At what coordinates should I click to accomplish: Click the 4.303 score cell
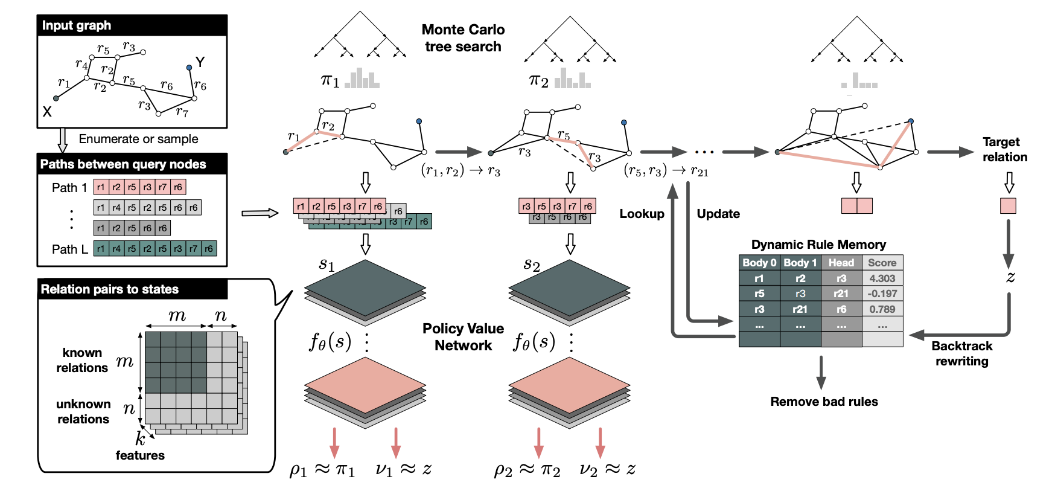pyautogui.click(x=882, y=278)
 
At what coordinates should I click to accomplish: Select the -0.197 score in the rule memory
pyautogui.click(x=882, y=294)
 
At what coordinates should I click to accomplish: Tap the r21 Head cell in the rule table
pyautogui.click(x=841, y=294)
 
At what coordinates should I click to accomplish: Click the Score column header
pyautogui.click(x=882, y=263)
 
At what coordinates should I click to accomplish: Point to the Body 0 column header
pyautogui.click(x=759, y=263)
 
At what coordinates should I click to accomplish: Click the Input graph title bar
pyautogui.click(x=132, y=25)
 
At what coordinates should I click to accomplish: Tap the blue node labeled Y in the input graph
pyautogui.click(x=190, y=68)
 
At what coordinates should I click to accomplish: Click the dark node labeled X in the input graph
pyautogui.click(x=56, y=98)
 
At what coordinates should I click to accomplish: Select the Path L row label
pyautogui.click(x=69, y=249)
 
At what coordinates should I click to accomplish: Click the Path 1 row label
pyautogui.click(x=69, y=187)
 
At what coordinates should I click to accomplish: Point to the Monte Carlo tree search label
pyautogui.click(x=463, y=38)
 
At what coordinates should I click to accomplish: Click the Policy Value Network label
pyautogui.click(x=463, y=337)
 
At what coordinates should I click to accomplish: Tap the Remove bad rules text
pyautogui.click(x=824, y=402)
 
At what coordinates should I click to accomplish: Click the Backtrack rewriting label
pyautogui.click(x=961, y=353)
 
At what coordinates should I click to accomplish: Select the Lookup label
pyautogui.click(x=642, y=214)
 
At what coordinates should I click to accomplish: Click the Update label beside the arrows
pyautogui.click(x=718, y=214)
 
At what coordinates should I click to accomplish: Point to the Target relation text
pyautogui.click(x=1004, y=149)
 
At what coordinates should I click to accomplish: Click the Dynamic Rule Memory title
pyautogui.click(x=818, y=245)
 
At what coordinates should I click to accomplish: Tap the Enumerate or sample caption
pyautogui.click(x=138, y=139)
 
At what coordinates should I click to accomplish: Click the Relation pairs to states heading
pyautogui.click(x=110, y=289)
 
